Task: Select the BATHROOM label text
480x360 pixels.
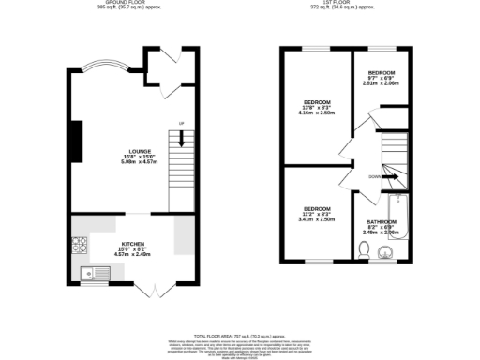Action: coord(381,222)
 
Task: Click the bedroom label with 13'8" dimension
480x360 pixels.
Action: coord(316,101)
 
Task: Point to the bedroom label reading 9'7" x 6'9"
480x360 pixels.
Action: coord(381,73)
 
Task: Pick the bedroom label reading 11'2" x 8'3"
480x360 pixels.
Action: coord(316,208)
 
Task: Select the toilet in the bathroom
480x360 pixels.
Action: coord(363,248)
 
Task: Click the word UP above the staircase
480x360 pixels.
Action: coord(182,125)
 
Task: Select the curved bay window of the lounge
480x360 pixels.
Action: coord(101,67)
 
